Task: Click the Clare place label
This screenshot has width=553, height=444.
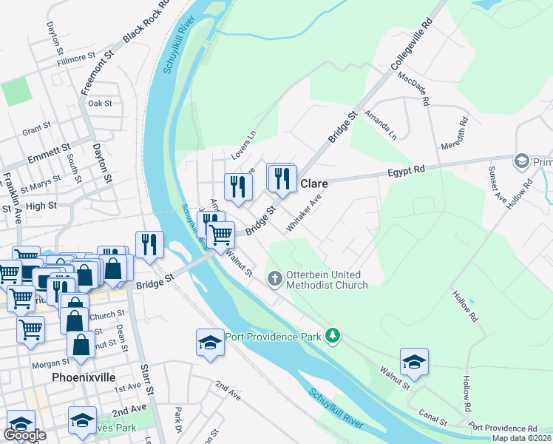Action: (313, 184)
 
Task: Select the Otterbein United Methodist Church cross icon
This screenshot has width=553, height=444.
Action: (274, 279)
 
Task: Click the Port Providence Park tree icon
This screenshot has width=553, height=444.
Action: (333, 336)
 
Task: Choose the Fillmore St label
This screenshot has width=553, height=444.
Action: (77, 55)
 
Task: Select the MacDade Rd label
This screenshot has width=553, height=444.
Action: (413, 88)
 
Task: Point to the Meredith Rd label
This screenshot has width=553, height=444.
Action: (454, 132)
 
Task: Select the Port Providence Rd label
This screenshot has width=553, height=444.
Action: (503, 428)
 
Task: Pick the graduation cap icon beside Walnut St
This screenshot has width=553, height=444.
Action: (414, 363)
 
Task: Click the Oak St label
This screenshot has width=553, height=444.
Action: (100, 104)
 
